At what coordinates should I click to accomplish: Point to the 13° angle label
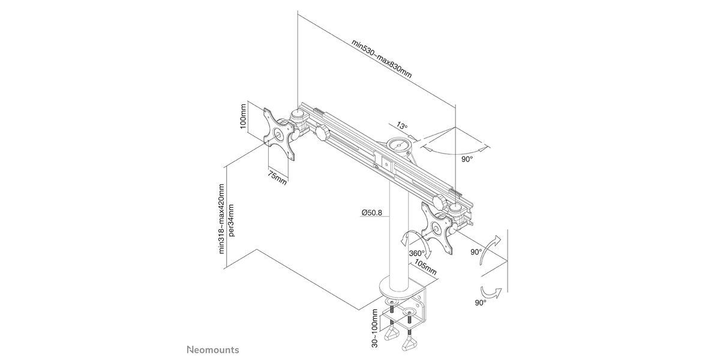[x=401, y=126]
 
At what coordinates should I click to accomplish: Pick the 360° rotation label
[x=416, y=253]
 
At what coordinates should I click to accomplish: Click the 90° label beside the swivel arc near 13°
[x=467, y=159]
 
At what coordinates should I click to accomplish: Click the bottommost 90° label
[x=480, y=303]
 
